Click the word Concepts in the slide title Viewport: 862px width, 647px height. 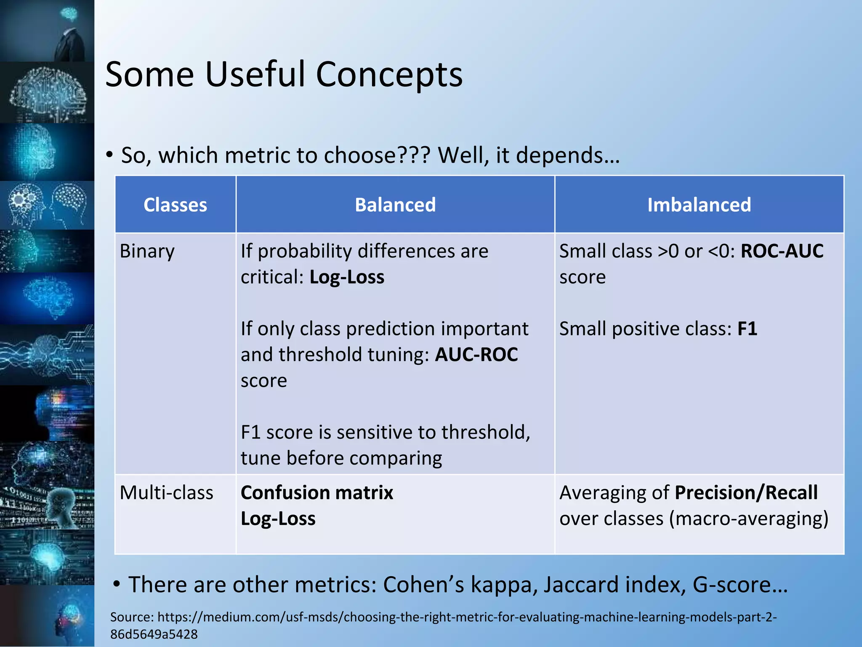click(389, 75)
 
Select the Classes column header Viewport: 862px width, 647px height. click(175, 205)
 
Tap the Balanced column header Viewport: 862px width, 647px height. click(395, 205)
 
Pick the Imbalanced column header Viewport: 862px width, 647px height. click(699, 205)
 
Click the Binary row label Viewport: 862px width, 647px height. click(147, 251)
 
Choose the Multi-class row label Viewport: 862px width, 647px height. click(166, 493)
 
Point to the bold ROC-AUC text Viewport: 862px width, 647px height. click(782, 251)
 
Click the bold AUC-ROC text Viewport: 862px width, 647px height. click(476, 355)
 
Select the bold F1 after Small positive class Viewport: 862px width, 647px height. click(747, 329)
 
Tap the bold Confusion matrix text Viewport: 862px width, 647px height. click(317, 493)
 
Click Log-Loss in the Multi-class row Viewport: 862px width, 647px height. click(278, 519)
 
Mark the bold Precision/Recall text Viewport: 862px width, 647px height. click(746, 493)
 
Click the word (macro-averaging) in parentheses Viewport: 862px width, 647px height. click(748, 519)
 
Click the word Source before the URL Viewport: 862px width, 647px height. click(131, 617)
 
